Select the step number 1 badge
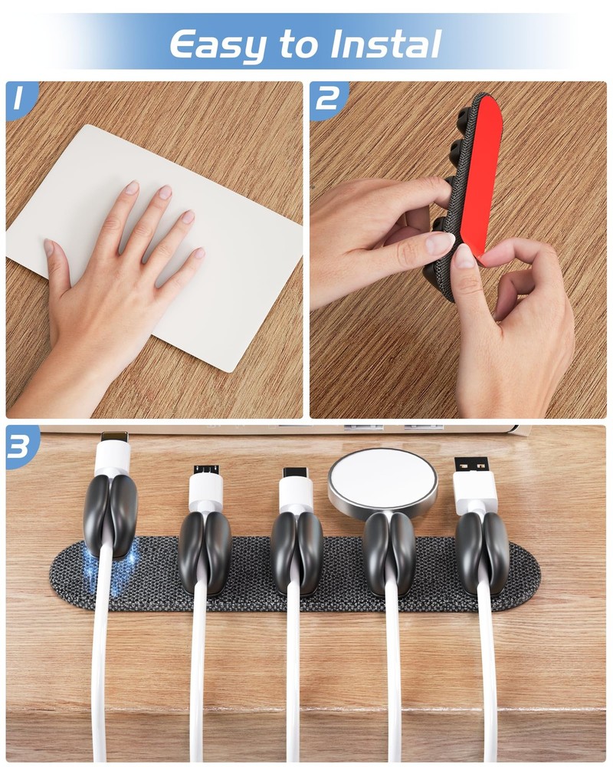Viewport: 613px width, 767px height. coord(20,99)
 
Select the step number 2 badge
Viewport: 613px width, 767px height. coord(327,99)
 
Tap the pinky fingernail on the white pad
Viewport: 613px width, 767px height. coord(198,253)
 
